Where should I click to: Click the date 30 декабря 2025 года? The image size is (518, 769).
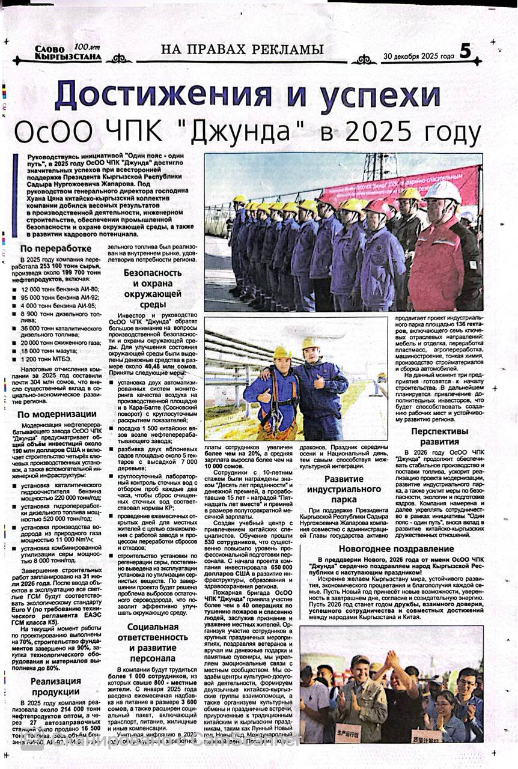point(419,56)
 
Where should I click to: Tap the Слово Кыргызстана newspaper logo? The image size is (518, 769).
point(59,53)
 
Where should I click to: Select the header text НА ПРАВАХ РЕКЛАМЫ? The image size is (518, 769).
point(238,50)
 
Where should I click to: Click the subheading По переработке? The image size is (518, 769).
point(56,249)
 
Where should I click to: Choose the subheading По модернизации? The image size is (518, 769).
point(56,414)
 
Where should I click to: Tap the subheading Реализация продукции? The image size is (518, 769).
point(56,685)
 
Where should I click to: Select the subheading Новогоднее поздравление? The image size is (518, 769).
point(396,549)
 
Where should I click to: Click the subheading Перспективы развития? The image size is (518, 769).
point(439,436)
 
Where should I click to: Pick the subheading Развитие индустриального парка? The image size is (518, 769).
point(344,488)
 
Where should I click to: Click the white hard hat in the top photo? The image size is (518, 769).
point(442,192)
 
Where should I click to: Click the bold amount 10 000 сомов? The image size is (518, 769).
point(224,466)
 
